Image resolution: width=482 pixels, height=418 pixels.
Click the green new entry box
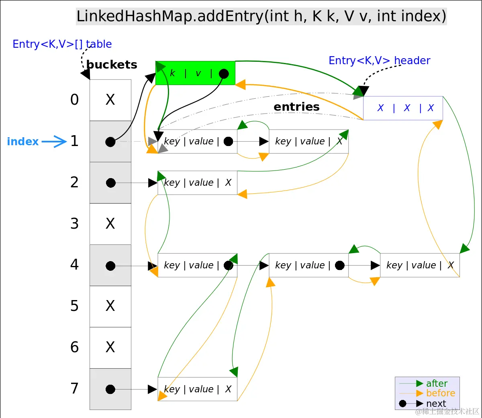pyautogui.click(x=195, y=73)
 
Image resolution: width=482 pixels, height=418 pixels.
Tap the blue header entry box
pyautogui.click(x=403, y=108)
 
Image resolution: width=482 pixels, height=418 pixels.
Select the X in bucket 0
pyautogui.click(x=110, y=99)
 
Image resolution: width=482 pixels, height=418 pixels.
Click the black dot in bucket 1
pyautogui.click(x=110, y=142)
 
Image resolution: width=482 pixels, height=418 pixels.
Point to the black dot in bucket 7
pyautogui.click(x=110, y=389)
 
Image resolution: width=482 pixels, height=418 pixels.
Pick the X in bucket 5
pyautogui.click(x=110, y=306)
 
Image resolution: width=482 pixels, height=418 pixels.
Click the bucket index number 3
pyautogui.click(x=74, y=223)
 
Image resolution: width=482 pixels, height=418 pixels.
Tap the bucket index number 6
pyautogui.click(x=74, y=347)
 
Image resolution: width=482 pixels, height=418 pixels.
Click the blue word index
pyautogui.click(x=23, y=142)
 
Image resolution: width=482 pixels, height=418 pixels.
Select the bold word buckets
pyautogui.click(x=112, y=65)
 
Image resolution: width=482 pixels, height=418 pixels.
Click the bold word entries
pyautogui.click(x=296, y=107)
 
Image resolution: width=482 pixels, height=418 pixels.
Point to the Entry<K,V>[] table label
pyautogui.click(x=62, y=44)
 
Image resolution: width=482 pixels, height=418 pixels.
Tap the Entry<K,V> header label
pyautogui.click(x=379, y=61)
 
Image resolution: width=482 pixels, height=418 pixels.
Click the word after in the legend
pyautogui.click(x=437, y=384)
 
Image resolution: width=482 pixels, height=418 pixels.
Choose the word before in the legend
pyautogui.click(x=441, y=393)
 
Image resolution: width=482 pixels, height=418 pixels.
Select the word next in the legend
pyautogui.click(x=436, y=403)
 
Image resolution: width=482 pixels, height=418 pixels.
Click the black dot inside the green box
pyautogui.click(x=224, y=74)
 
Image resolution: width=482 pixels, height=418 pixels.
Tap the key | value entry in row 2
pyautogui.click(x=197, y=183)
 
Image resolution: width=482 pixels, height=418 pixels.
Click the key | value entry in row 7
pyautogui.click(x=197, y=389)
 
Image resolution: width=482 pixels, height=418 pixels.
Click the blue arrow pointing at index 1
pyautogui.click(x=54, y=142)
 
